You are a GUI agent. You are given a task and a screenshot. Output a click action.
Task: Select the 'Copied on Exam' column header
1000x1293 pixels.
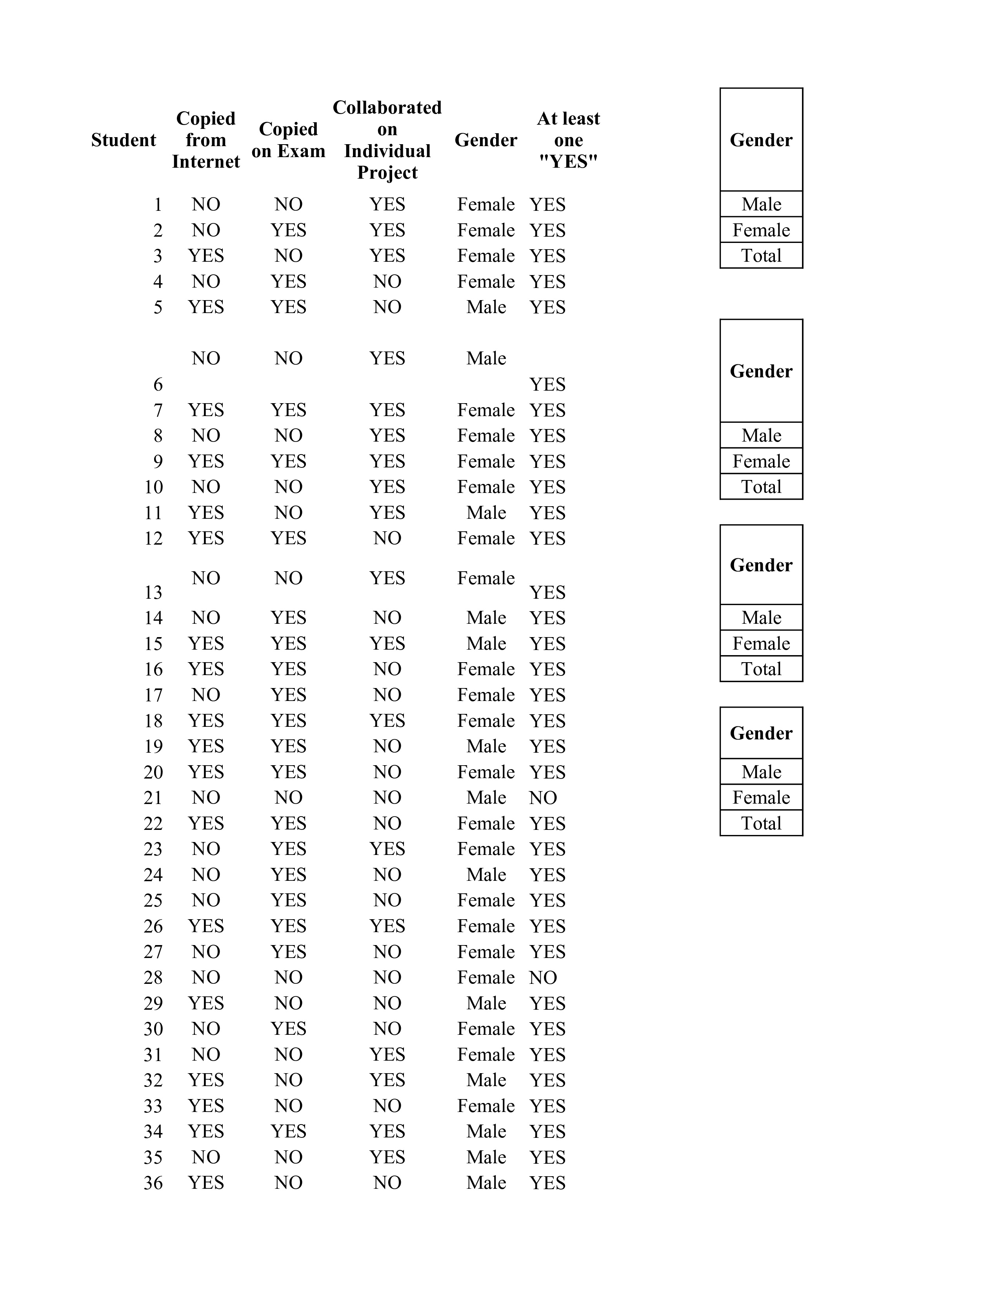(x=289, y=140)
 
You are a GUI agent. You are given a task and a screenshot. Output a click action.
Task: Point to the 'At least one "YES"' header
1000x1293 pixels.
(x=568, y=140)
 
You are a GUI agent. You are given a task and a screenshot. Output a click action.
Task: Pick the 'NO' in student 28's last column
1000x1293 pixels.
(x=543, y=978)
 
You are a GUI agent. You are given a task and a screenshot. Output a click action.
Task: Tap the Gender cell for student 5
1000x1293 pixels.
(x=486, y=307)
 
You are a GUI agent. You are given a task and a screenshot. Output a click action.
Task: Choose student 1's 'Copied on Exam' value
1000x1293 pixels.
(x=289, y=204)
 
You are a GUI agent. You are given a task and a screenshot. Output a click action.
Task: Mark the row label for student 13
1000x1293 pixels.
(x=153, y=592)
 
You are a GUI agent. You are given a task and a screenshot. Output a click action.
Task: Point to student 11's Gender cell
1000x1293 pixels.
(x=486, y=513)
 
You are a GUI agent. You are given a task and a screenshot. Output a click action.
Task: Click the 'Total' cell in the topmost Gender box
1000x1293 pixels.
(x=761, y=256)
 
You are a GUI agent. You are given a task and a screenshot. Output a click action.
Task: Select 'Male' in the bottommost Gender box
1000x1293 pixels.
(x=761, y=772)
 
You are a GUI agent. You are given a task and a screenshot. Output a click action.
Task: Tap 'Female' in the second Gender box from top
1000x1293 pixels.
(x=761, y=461)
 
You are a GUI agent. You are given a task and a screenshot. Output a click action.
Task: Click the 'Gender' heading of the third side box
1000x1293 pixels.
(x=761, y=565)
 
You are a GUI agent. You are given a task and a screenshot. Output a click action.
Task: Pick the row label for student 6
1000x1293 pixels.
(x=158, y=385)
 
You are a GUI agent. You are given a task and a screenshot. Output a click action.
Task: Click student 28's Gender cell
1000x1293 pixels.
(x=486, y=978)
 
